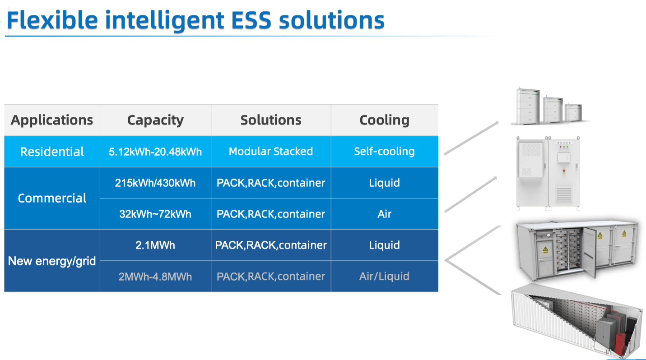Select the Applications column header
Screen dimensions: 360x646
tap(52, 120)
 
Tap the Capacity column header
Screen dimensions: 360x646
tap(155, 120)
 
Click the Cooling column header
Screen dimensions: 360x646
tap(384, 120)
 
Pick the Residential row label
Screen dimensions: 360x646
tap(52, 152)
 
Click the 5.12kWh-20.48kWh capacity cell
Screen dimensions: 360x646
tap(155, 152)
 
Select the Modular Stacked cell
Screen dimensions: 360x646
tap(271, 152)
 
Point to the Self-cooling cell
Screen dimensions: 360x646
tap(384, 152)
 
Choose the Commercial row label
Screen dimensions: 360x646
tap(52, 198)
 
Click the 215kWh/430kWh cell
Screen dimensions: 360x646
tap(155, 183)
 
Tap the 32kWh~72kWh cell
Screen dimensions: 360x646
tap(155, 214)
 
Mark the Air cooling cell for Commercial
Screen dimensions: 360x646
tap(384, 214)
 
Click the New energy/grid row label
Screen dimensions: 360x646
tap(52, 261)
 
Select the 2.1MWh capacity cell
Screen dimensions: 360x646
tap(155, 245)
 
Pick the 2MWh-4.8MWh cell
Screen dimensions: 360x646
tap(155, 276)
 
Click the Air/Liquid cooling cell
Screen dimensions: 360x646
tap(384, 276)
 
